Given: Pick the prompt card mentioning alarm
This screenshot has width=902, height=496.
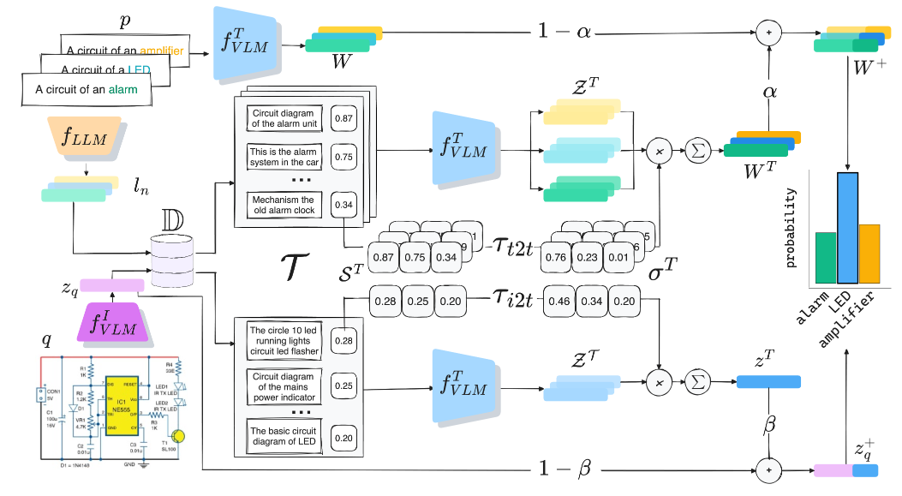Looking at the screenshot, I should (x=86, y=88).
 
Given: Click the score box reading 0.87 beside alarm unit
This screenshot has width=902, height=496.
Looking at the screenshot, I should (x=344, y=117).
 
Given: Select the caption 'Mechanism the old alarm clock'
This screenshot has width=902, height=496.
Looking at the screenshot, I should (x=284, y=205).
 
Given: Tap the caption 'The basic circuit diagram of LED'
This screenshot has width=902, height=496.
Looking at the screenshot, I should (x=284, y=435).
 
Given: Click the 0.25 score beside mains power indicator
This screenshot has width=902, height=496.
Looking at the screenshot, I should (x=344, y=385).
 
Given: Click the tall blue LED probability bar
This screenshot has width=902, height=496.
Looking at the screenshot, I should (x=847, y=228).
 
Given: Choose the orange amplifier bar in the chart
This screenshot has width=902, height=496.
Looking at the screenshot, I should (x=869, y=254).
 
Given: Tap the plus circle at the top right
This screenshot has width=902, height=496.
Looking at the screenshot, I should (x=768, y=33).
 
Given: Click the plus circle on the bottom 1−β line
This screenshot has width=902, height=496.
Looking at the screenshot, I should (x=768, y=469).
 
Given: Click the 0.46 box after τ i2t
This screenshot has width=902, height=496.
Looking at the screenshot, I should (x=563, y=302).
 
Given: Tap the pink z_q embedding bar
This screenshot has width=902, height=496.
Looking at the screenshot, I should (x=111, y=286).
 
